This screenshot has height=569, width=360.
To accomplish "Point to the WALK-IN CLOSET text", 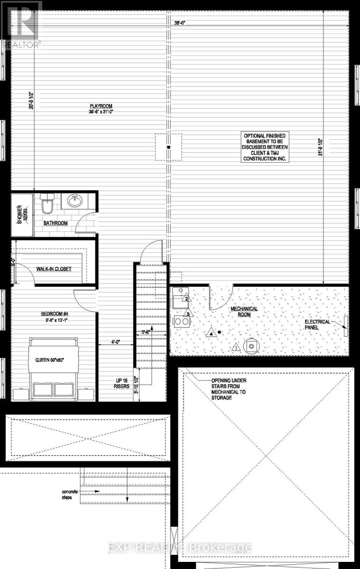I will (54, 269).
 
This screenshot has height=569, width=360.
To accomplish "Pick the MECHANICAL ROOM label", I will (244, 312).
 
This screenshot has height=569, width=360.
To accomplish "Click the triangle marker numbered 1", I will (236, 349).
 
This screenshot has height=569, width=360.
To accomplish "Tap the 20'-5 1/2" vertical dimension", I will (31, 100).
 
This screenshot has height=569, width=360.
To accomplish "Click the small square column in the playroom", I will (168, 148).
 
